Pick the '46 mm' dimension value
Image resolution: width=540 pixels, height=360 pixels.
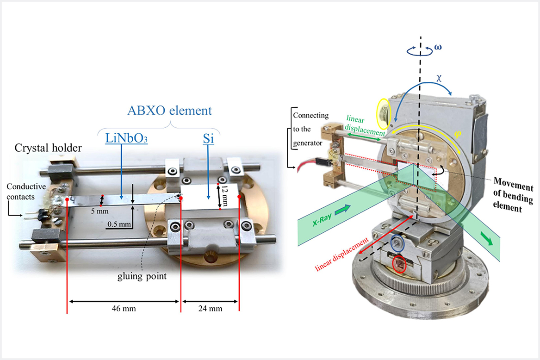coord(123,307)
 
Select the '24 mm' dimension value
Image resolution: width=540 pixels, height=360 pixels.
coord(210,307)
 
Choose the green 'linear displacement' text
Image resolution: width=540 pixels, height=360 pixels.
coord(362,129)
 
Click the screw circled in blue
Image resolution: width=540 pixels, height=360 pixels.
coord(398,243)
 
